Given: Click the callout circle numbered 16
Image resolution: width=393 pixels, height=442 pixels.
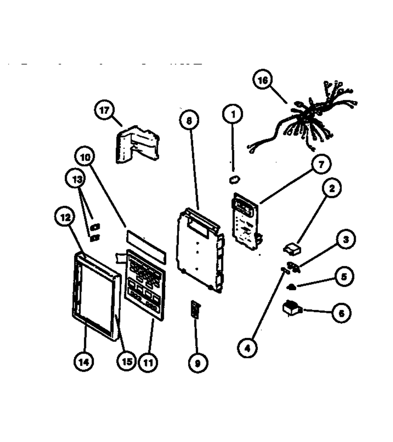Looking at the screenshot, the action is (263, 80).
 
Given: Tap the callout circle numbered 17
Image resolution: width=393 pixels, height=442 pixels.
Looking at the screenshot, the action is (104, 110).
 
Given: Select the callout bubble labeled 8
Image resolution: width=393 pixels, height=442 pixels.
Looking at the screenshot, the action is (189, 120).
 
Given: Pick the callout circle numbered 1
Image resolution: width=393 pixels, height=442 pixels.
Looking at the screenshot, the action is (233, 114).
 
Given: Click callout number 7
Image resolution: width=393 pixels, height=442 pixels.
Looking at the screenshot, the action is (321, 164).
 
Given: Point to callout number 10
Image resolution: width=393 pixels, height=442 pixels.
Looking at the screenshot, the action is (85, 157).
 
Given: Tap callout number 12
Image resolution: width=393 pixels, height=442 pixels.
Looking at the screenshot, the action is (65, 217).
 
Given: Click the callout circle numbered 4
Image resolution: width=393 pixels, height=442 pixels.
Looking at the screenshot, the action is (247, 348).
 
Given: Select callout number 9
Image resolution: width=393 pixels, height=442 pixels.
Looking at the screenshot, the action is (198, 363).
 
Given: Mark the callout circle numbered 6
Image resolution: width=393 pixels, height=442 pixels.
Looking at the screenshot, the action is (341, 313).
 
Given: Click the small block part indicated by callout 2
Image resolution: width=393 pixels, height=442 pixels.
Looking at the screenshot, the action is (292, 249).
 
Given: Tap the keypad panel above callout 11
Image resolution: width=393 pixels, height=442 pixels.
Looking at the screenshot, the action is (145, 285).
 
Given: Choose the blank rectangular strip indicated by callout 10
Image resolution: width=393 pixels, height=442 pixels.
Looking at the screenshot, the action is (146, 247).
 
